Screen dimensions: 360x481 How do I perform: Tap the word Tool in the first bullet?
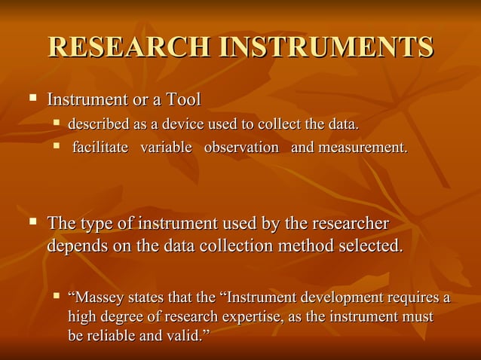point(184,99)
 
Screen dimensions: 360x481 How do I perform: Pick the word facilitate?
point(100,148)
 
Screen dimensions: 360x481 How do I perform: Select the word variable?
point(166,148)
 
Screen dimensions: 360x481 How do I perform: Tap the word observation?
point(241,148)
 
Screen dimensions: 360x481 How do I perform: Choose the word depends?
point(75,246)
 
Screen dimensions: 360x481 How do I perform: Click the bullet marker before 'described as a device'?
point(56,123)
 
